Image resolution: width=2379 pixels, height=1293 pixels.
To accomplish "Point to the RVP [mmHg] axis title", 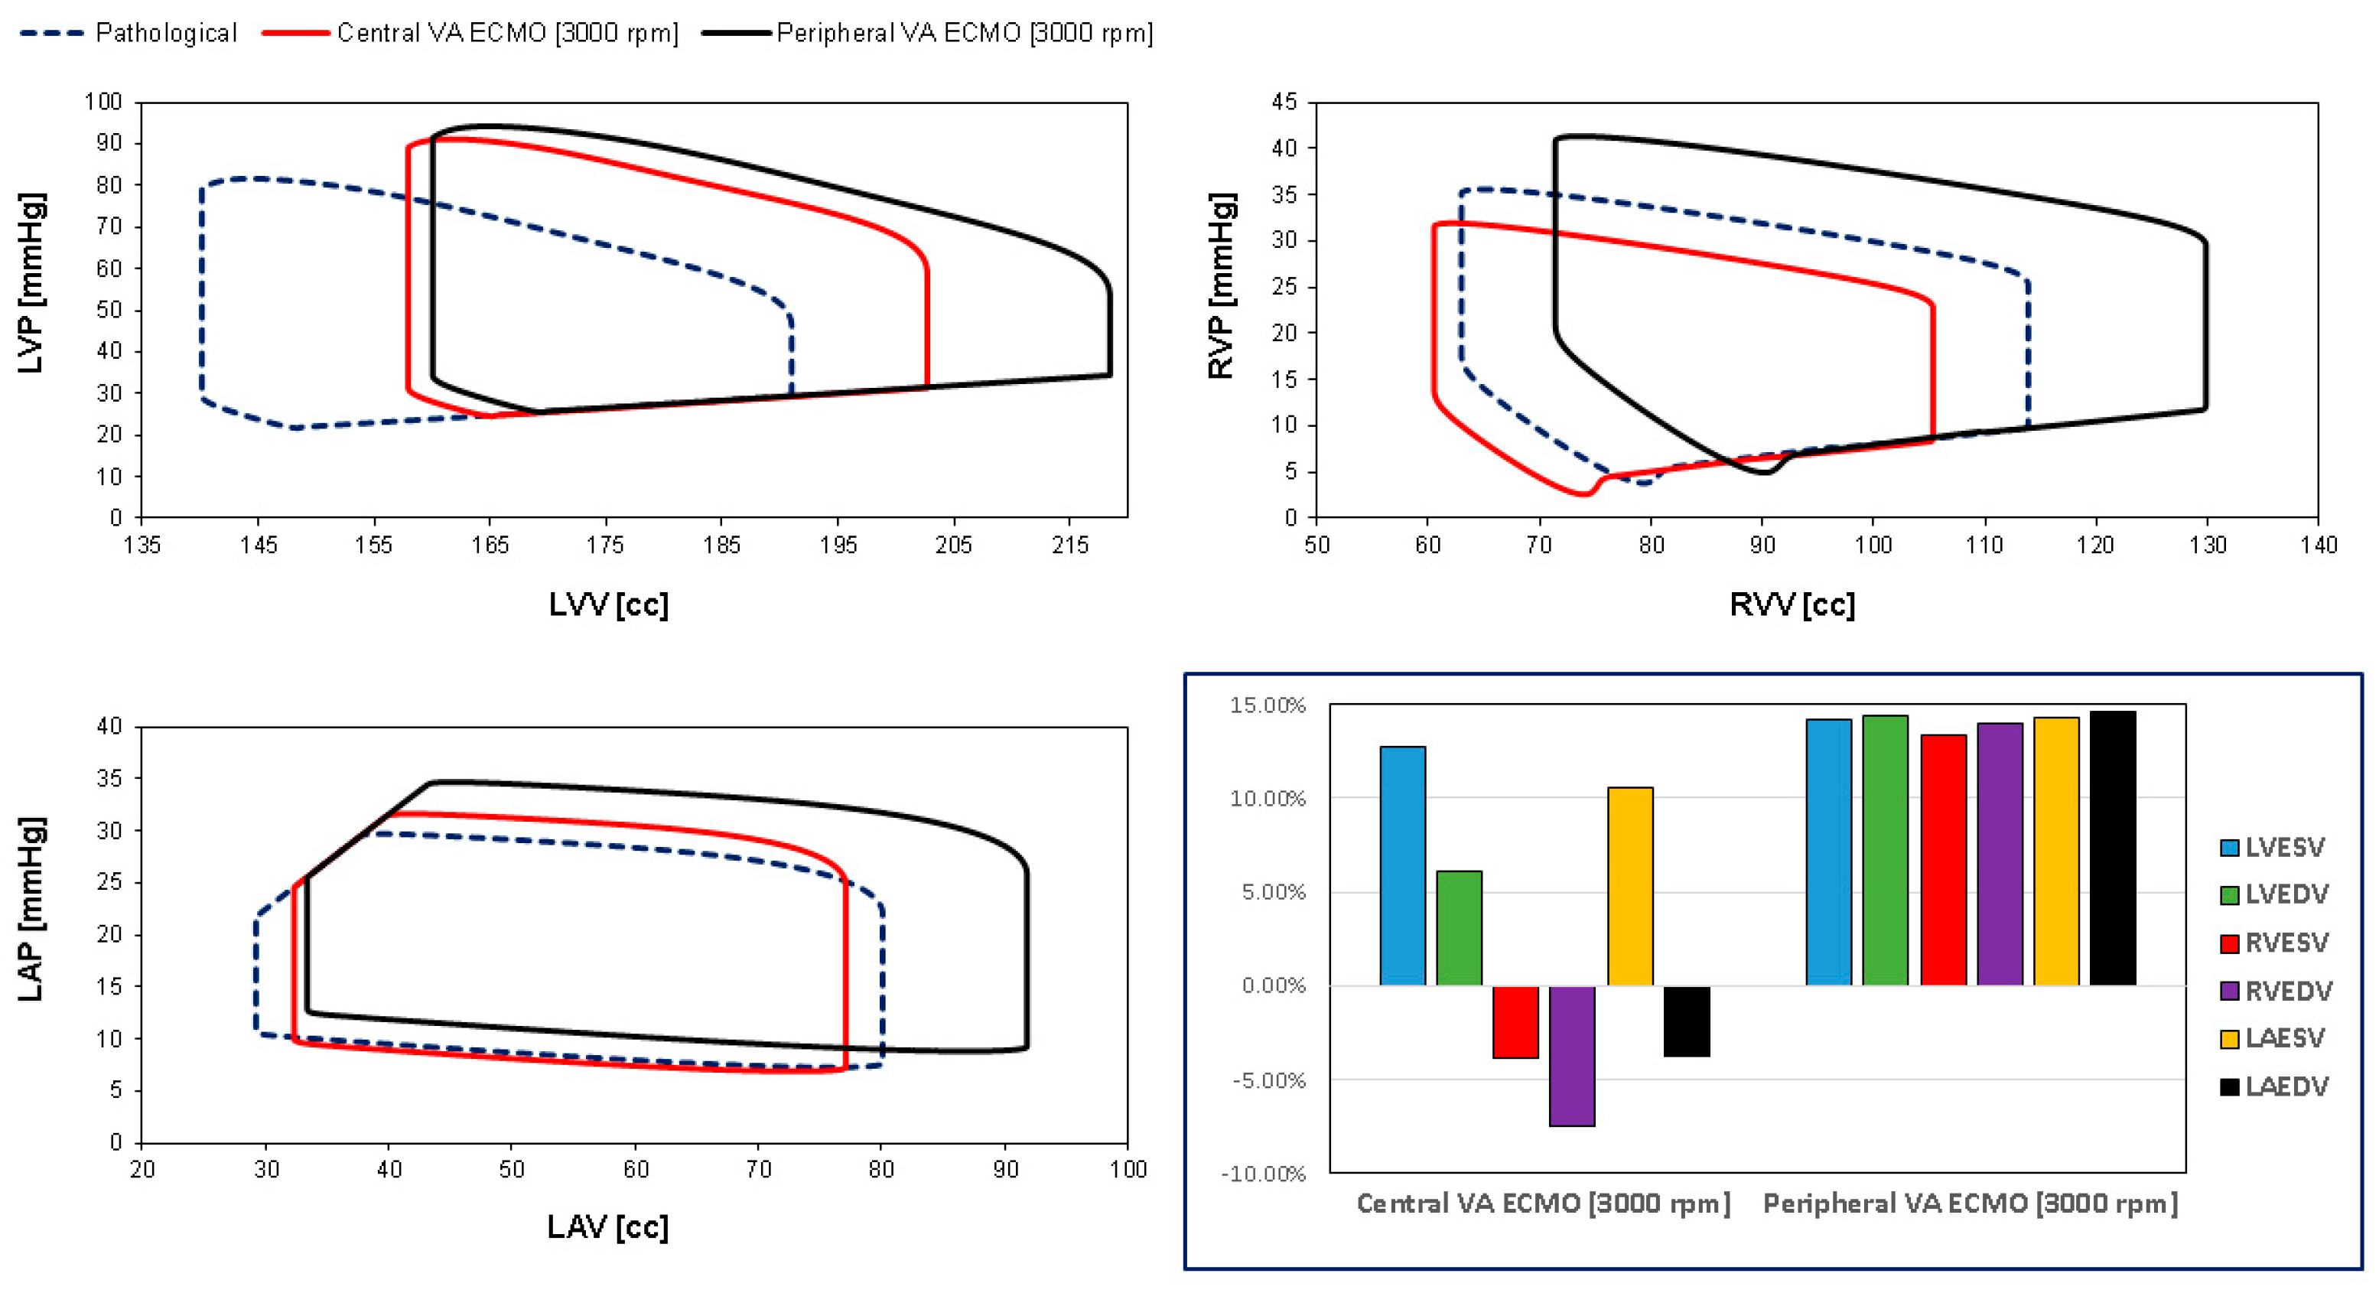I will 1221,286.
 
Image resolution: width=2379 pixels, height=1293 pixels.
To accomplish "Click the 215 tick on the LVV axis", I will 1070,545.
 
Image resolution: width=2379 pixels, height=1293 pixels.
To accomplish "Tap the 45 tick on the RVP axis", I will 1284,102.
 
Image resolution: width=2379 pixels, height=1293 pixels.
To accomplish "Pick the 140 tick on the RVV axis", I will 2318,545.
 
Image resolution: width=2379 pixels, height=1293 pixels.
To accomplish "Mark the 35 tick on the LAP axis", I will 110,779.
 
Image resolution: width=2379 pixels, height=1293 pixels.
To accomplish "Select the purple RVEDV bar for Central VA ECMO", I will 1572,1056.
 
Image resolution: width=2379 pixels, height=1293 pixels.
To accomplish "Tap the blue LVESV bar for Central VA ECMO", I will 1403,865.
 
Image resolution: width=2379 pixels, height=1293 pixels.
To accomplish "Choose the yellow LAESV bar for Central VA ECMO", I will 1630,886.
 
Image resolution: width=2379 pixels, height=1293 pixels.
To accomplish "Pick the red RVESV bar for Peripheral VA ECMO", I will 1943,860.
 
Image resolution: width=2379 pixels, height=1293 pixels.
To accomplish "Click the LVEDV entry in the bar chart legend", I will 2286,894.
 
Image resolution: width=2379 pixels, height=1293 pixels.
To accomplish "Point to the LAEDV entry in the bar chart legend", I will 2286,1087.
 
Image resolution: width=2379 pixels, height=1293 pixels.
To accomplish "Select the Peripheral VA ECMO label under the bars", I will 1971,1203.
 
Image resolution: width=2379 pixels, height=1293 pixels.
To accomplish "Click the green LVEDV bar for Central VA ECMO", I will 1460,927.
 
